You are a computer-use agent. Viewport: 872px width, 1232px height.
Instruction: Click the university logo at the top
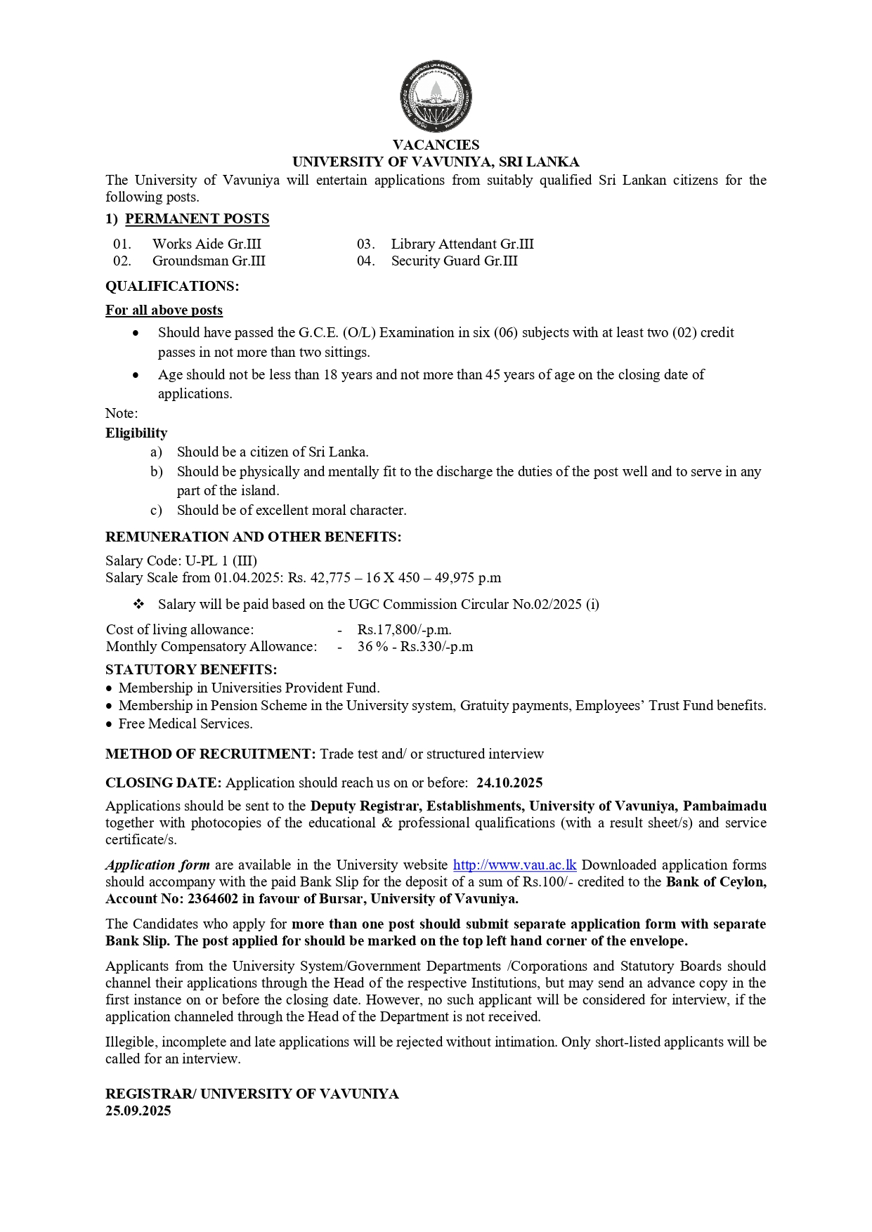[x=436, y=96]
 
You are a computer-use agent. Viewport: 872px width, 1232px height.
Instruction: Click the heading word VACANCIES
[x=436, y=145]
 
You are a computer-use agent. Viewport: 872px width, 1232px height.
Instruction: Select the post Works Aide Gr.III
[x=207, y=244]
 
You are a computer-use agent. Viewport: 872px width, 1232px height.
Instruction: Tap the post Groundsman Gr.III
[x=209, y=261]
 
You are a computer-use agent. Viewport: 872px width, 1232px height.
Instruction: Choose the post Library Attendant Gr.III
[x=462, y=244]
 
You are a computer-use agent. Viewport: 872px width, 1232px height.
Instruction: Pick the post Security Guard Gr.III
[x=454, y=261]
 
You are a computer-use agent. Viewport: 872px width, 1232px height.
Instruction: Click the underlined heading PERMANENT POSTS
[x=197, y=219]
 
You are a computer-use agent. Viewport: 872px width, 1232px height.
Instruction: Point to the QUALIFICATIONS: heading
[x=172, y=287]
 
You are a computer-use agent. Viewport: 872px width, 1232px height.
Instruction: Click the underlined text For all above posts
[x=164, y=310]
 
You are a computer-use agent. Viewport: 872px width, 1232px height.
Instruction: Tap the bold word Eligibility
[x=136, y=433]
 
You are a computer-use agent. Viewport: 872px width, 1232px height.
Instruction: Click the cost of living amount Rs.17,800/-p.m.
[x=404, y=630]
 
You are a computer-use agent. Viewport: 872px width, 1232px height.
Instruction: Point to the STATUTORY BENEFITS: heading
[x=191, y=669]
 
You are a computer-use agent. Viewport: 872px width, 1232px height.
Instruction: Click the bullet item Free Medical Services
[x=186, y=724]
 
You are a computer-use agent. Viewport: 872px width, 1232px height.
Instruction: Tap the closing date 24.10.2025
[x=509, y=783]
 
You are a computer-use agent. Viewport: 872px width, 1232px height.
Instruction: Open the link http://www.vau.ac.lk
[x=514, y=865]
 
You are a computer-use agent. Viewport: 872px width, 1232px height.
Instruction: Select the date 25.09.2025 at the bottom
[x=138, y=1111]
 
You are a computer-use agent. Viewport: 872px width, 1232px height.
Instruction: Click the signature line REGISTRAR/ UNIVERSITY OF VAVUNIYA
[x=252, y=1094]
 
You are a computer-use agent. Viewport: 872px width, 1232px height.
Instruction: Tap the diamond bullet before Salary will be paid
[x=138, y=605]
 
